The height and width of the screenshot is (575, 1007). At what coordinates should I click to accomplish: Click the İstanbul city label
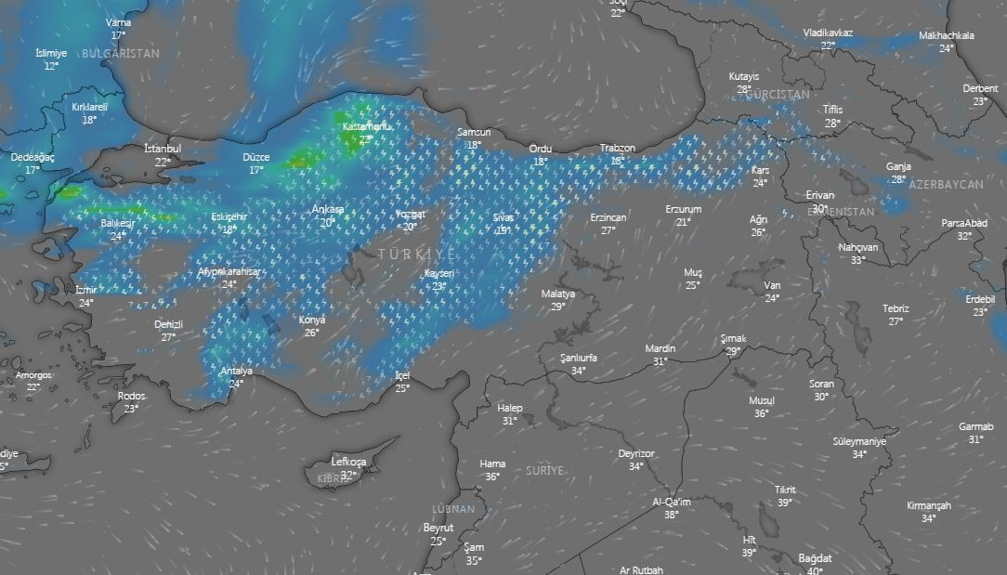tap(163, 149)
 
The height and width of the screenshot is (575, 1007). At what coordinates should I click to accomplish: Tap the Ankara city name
tap(328, 209)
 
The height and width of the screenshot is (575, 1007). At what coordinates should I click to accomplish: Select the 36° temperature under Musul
tap(762, 413)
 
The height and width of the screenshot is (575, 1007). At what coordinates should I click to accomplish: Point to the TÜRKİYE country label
tap(417, 254)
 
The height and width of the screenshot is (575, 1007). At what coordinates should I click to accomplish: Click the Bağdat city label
tap(815, 558)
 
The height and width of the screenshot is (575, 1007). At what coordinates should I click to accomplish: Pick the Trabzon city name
tap(618, 148)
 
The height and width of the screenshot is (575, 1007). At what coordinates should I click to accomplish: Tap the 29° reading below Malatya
tap(558, 307)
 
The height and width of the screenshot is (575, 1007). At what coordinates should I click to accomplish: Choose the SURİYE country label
tap(544, 471)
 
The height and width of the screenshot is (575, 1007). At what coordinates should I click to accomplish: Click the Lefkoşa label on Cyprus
tap(348, 462)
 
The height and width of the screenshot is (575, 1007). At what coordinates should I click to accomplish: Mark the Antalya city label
tap(236, 371)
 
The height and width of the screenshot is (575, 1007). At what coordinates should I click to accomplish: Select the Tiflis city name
tap(832, 110)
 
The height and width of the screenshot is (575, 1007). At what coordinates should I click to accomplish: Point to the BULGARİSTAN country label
tap(121, 54)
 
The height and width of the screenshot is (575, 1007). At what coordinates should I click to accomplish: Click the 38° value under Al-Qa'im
tap(672, 515)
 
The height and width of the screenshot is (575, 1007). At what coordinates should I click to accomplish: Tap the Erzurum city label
tap(683, 209)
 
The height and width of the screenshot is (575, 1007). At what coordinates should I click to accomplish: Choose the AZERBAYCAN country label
tap(946, 185)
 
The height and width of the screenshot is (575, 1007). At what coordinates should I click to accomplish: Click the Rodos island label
tap(131, 396)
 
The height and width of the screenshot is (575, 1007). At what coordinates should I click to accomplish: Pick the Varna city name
tap(119, 22)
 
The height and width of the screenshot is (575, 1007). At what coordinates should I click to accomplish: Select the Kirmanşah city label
tap(929, 506)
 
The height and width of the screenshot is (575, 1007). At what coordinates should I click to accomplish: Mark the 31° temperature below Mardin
tap(660, 361)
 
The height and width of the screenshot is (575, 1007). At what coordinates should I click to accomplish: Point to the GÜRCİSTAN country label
tap(778, 95)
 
